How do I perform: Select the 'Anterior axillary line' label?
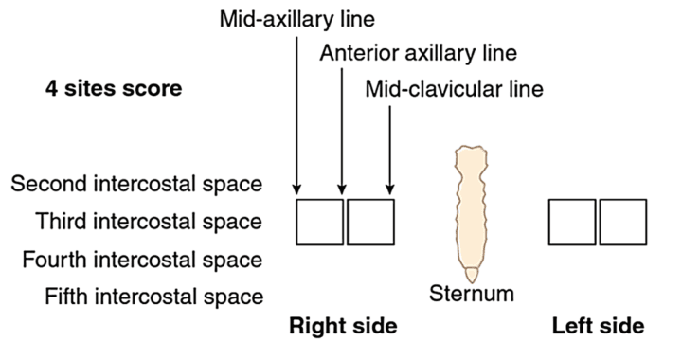419,53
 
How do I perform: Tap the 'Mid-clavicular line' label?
455,90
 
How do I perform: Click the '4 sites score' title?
114,90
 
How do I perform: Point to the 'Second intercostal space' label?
136,183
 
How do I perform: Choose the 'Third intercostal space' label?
148,222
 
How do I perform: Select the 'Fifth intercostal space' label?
153,297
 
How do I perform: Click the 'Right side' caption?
343,327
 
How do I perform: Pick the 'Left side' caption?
599,327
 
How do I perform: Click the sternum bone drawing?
472,208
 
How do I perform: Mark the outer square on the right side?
320,223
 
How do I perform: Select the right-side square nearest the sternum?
370,223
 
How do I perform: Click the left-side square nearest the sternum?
573,223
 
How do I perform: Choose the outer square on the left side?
623,223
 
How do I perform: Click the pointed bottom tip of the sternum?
472,276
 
